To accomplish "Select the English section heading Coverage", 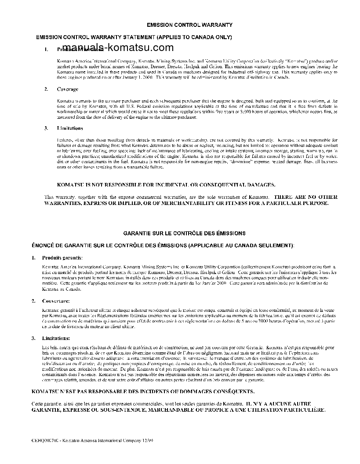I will coord(67,89).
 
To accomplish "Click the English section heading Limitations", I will coord(70,128).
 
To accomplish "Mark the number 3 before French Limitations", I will coord(33,338).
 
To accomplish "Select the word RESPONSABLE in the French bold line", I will coord(102,391).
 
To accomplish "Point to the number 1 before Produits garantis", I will coord(33,257).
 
